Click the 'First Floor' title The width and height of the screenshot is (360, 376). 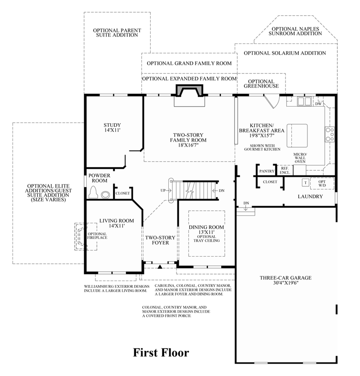pyautogui.click(x=161, y=352)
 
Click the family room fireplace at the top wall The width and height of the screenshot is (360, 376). pyautogui.click(x=188, y=95)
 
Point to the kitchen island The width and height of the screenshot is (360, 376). pyautogui.click(x=297, y=134)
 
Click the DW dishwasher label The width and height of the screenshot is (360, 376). pyautogui.click(x=318, y=104)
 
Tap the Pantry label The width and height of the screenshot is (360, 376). pyautogui.click(x=266, y=171)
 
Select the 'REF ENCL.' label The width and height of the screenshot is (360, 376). pyautogui.click(x=284, y=170)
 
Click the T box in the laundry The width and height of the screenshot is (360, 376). pyautogui.click(x=305, y=183)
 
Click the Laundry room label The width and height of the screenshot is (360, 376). pyautogui.click(x=310, y=197)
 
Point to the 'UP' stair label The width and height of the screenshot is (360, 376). pyautogui.click(x=163, y=191)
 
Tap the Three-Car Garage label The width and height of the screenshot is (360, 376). pyautogui.click(x=285, y=281)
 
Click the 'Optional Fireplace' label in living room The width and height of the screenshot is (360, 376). pyautogui.click(x=97, y=235)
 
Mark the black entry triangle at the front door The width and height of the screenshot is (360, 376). pyautogui.click(x=160, y=266)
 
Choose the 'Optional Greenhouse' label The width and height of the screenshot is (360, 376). pyautogui.click(x=261, y=84)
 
